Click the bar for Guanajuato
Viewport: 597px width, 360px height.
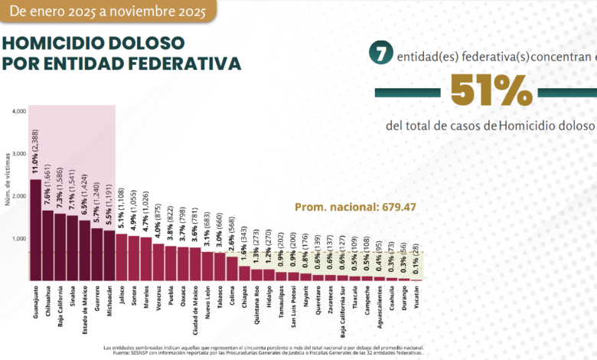(36, 230)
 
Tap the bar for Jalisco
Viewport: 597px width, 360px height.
(122, 257)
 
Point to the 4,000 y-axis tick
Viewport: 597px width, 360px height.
(20, 111)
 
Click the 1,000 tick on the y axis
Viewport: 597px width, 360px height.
(20, 238)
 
